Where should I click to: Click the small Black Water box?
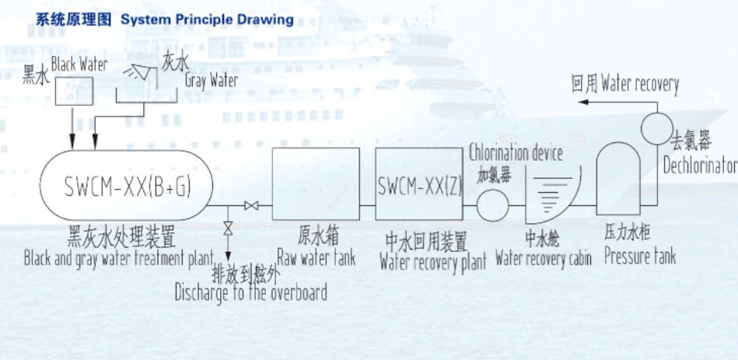[72, 91]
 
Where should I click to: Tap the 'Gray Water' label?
[212, 79]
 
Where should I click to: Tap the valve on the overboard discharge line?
[228, 230]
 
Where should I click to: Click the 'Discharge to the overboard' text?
[250, 292]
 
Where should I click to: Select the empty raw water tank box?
[316, 183]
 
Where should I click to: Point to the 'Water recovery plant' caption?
[432, 261]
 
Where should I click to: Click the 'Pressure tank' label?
[640, 257]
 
